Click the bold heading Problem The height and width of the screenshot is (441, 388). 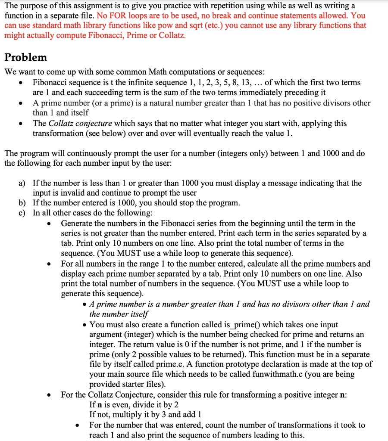25,57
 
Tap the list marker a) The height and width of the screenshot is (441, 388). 22,183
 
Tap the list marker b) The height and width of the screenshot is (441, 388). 22,203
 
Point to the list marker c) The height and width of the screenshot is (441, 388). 22,213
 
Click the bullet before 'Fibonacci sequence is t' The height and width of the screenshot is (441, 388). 20,83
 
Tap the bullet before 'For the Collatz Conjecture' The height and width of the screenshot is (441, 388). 51,395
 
